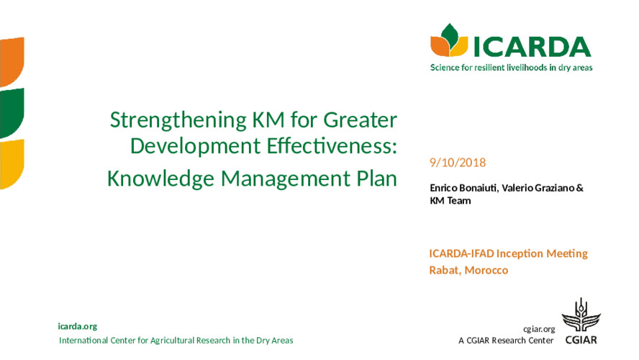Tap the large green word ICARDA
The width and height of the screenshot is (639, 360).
pyautogui.click(x=532, y=47)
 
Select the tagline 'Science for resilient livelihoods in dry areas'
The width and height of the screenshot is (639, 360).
pyautogui.click(x=512, y=68)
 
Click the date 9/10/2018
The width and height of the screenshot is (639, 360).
pyautogui.click(x=458, y=163)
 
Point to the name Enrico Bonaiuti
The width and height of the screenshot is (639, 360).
pyautogui.click(x=463, y=188)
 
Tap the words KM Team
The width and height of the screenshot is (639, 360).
pyautogui.click(x=450, y=201)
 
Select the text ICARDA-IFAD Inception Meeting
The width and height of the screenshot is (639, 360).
pyautogui.click(x=508, y=253)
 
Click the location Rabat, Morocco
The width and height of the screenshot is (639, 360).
pyautogui.click(x=468, y=270)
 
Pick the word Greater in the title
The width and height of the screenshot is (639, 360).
pyautogui.click(x=360, y=120)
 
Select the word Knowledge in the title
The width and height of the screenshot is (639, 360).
pyautogui.click(x=160, y=179)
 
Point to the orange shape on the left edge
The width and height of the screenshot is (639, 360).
pyautogui.click(x=12, y=62)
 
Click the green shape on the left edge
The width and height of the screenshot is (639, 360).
pyautogui.click(x=12, y=113)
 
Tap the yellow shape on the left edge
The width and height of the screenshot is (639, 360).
pyautogui.click(x=12, y=164)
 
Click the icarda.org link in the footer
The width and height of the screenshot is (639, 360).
pyautogui.click(x=78, y=327)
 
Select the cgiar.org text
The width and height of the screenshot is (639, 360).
pyautogui.click(x=539, y=329)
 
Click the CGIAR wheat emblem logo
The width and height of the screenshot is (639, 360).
pyautogui.click(x=581, y=315)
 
